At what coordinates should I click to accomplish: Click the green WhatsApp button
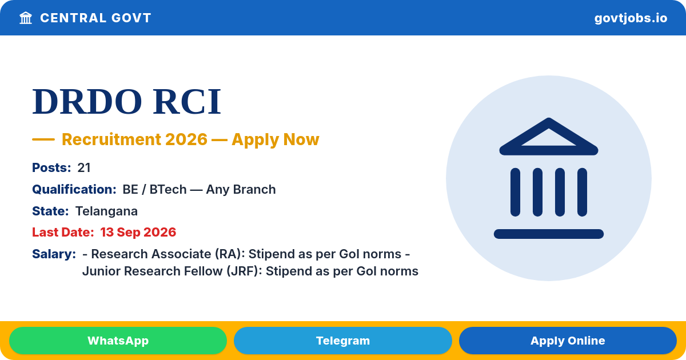coord(118,341)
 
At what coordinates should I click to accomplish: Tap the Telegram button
coord(342,341)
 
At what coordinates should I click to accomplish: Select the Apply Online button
coord(568,341)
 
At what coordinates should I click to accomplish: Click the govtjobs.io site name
coord(631,18)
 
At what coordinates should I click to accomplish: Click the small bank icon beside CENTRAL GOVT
coord(26,18)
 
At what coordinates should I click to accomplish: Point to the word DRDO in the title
coord(87,102)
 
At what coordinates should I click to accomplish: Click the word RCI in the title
coord(187,102)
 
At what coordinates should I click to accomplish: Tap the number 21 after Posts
coord(84,168)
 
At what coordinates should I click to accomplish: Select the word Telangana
coord(106,211)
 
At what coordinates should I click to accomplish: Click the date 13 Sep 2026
coord(138,233)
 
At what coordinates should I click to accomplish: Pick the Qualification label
coord(74,190)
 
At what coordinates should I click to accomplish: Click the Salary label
coord(54,254)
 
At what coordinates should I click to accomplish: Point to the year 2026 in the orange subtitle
coord(186,139)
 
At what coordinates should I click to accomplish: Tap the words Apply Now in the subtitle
coord(276,139)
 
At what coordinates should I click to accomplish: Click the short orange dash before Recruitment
coord(43,139)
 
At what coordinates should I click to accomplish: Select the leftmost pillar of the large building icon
coord(515,192)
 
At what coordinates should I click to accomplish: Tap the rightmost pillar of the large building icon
coord(582,192)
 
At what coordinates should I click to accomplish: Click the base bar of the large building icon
coord(549,234)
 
